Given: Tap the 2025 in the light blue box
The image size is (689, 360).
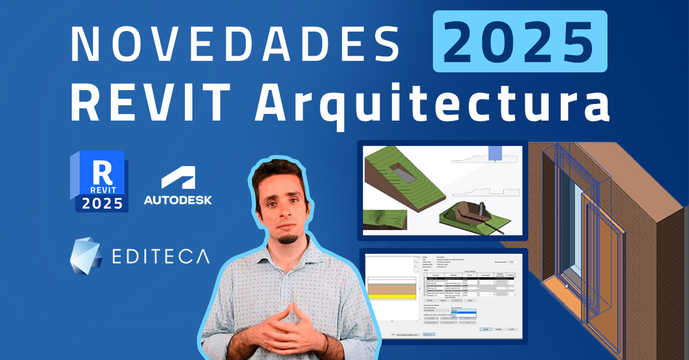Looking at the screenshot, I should click(x=519, y=41).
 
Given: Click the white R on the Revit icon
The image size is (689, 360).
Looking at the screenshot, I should click(x=103, y=171).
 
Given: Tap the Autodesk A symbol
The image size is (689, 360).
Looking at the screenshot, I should click(x=177, y=179).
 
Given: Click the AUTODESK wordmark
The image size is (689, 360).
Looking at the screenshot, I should click(x=177, y=200).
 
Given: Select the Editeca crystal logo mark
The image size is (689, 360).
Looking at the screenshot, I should click(x=86, y=255).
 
